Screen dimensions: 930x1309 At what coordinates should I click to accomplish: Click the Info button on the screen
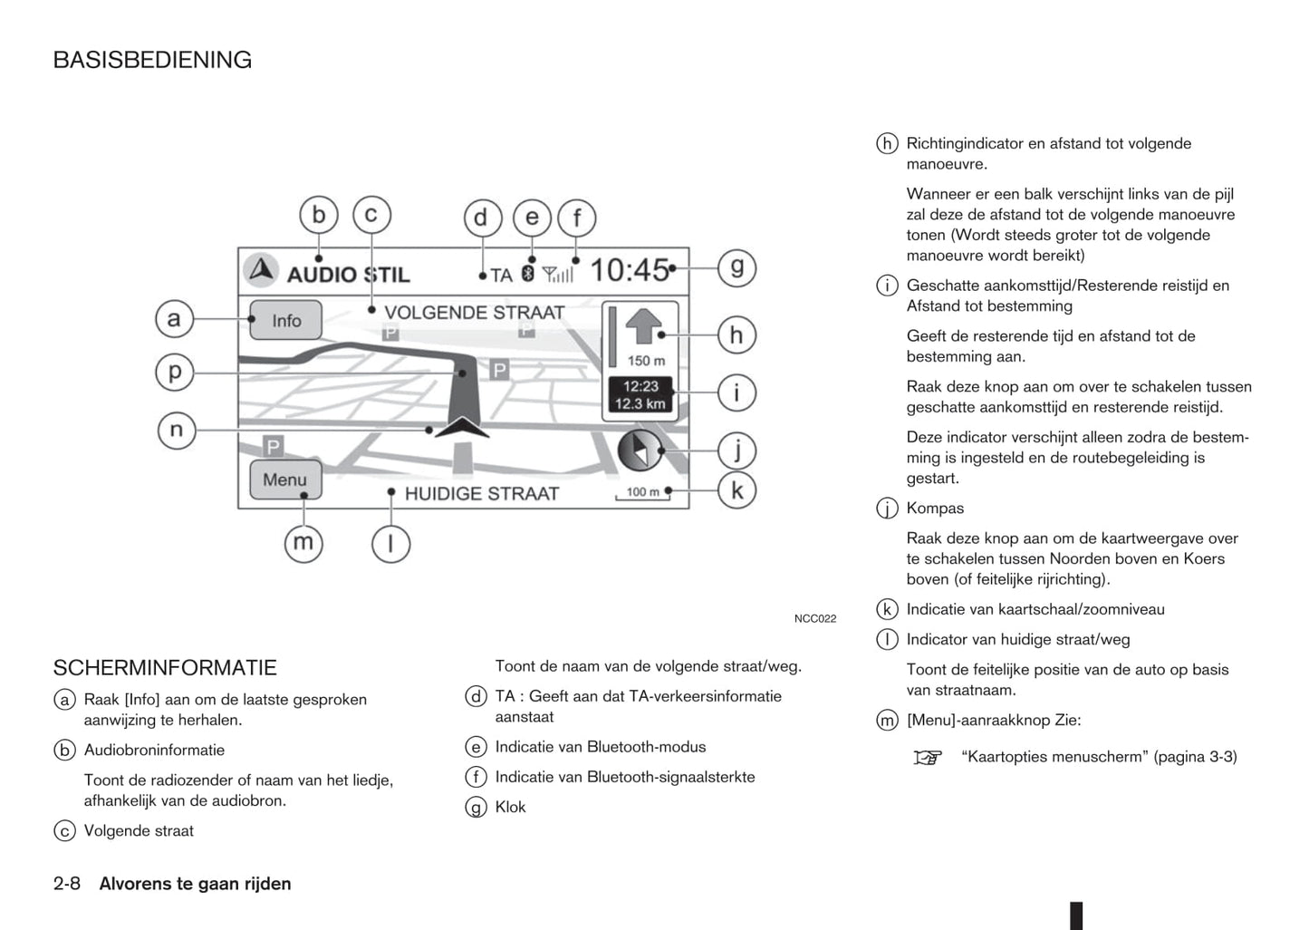tap(285, 320)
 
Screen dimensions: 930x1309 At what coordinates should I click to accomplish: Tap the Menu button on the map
tap(284, 480)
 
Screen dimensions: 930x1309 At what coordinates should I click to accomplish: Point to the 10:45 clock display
tap(629, 270)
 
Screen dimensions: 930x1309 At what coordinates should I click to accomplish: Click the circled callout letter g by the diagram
tap(736, 267)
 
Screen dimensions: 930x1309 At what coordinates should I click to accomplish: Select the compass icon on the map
tap(640, 450)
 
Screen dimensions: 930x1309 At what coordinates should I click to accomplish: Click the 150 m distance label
tap(645, 361)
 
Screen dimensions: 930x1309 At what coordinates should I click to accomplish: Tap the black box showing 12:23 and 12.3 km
tap(640, 395)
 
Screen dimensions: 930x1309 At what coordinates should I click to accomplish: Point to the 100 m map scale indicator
tap(642, 492)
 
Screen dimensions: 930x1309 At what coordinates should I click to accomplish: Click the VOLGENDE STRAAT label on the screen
tap(474, 313)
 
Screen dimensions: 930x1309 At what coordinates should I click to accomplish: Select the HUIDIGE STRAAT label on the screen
tap(481, 494)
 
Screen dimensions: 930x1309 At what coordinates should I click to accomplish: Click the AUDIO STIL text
tap(348, 274)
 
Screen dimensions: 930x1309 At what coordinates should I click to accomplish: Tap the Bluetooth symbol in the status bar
tap(527, 273)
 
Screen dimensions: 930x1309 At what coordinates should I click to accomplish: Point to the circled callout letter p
tap(175, 372)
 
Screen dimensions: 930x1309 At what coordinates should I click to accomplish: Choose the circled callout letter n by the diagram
tap(176, 430)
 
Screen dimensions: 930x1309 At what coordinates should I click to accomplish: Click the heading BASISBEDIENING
tap(152, 60)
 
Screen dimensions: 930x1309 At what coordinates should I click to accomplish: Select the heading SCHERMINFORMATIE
tap(165, 668)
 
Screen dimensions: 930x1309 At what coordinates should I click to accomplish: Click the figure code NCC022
tap(814, 619)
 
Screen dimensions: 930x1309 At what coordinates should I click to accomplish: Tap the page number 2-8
tap(67, 884)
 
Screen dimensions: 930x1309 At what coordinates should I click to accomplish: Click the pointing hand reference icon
tap(928, 757)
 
